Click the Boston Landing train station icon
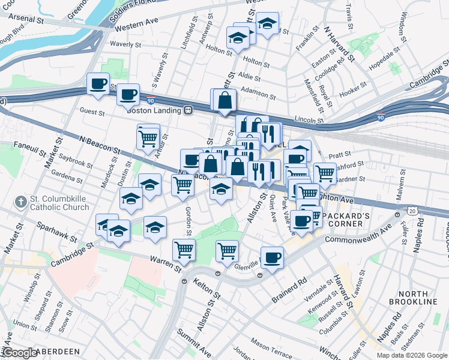click(x=188, y=110)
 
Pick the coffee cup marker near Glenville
click(x=272, y=257)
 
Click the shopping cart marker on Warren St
click(x=184, y=249)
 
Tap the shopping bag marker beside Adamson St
click(x=224, y=100)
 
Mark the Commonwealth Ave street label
click(x=358, y=234)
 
